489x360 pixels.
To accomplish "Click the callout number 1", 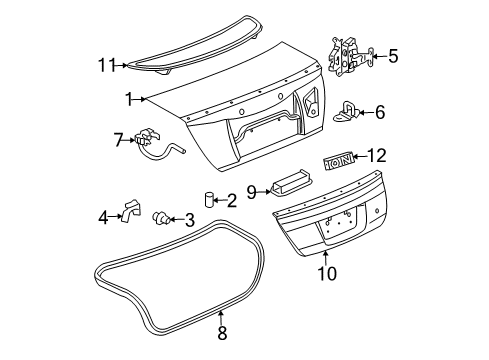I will [x=129, y=98].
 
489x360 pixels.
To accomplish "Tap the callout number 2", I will [x=231, y=201].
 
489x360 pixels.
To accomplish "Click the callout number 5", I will [x=392, y=56].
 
